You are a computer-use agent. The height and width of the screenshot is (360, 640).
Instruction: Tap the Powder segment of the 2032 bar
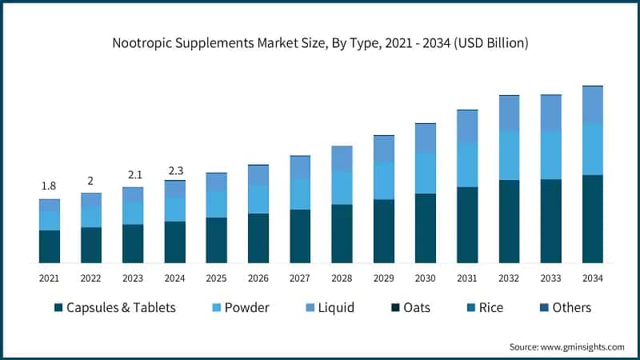click(509, 155)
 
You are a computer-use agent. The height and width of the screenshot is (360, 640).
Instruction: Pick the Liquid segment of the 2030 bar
click(426, 138)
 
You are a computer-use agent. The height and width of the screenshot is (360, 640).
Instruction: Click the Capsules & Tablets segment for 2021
click(50, 246)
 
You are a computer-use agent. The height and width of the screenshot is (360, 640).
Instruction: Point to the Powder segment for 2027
click(300, 194)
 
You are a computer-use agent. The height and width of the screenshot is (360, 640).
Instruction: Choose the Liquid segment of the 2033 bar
click(550, 112)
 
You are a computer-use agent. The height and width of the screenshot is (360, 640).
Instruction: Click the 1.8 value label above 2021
click(49, 186)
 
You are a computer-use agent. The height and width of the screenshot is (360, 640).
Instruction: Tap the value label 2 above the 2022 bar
click(90, 180)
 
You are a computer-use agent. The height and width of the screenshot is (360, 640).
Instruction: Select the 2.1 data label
click(133, 174)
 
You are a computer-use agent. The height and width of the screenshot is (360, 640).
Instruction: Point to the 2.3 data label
click(174, 170)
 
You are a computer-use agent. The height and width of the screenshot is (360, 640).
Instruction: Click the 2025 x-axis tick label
click(216, 278)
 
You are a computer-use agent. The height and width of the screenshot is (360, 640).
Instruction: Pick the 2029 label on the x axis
click(383, 278)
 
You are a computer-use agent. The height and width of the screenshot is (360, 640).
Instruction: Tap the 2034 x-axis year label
click(592, 278)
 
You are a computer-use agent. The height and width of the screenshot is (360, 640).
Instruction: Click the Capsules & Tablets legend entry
click(120, 308)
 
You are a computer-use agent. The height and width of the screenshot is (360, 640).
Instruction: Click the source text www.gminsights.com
click(567, 346)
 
